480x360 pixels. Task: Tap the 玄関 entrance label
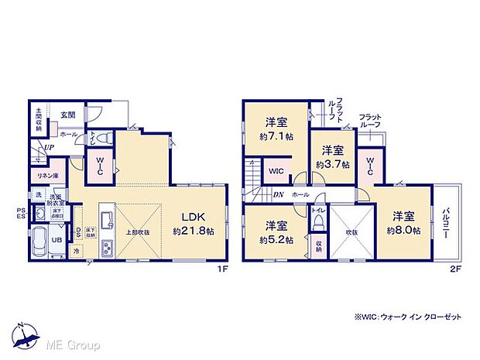click(68, 115)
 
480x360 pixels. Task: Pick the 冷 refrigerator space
click(77, 252)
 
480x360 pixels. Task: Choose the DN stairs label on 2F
click(277, 195)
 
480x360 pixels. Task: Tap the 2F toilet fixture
click(318, 221)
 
